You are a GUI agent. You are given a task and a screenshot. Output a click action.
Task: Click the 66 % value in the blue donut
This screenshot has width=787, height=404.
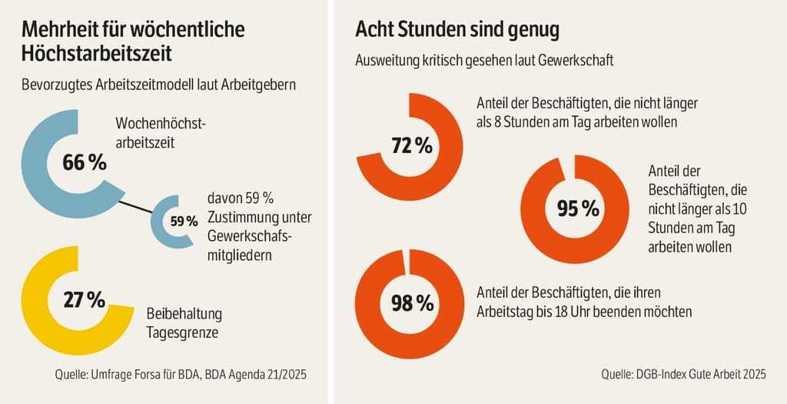[x=85, y=163]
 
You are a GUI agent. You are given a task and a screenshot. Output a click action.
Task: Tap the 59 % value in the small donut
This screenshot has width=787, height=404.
[x=184, y=222]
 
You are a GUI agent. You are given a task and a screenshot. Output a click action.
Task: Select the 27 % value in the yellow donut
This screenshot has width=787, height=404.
[x=85, y=300]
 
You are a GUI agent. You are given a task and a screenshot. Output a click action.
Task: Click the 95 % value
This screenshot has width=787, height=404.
[x=577, y=208]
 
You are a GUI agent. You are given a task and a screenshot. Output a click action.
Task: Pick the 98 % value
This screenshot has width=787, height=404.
[x=413, y=303]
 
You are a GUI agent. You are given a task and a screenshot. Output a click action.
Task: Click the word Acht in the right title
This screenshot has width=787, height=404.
[x=376, y=31]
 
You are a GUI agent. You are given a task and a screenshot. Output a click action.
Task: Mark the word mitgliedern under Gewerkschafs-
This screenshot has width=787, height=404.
[x=241, y=255]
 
